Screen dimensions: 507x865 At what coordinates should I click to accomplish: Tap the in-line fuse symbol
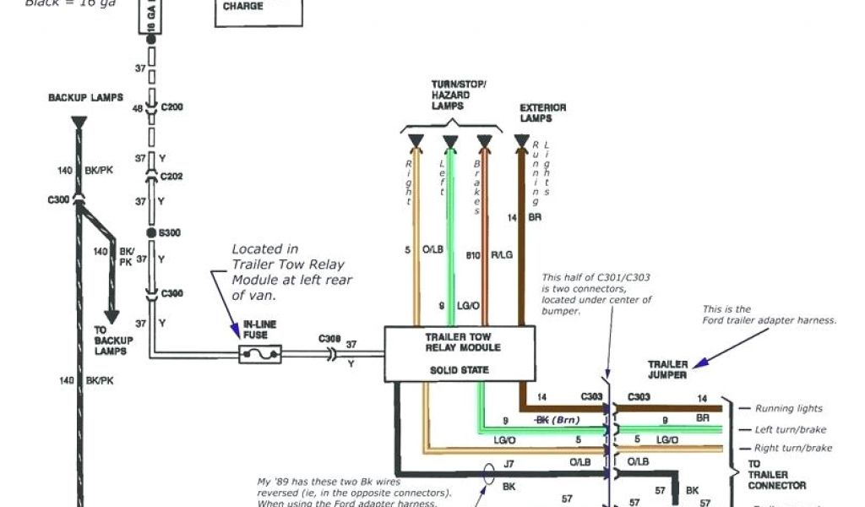tap(259, 354)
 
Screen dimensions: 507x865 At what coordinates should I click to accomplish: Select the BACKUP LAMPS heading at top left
tap(85, 98)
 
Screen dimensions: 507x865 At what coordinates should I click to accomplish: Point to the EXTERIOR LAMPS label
tap(542, 113)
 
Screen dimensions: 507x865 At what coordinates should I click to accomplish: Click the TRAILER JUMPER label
tap(667, 369)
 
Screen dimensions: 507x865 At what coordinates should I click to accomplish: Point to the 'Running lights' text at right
tap(788, 408)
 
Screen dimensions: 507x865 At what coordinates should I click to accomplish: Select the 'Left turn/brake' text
tap(790, 429)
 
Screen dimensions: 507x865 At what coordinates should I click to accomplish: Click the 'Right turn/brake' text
tap(792, 448)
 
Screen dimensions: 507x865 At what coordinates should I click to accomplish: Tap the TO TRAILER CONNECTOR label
tap(775, 475)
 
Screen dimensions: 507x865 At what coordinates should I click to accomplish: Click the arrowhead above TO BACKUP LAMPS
tap(111, 317)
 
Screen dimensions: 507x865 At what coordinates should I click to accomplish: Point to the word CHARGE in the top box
tap(243, 7)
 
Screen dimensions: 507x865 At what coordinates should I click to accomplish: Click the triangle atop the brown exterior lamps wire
tap(521, 140)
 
